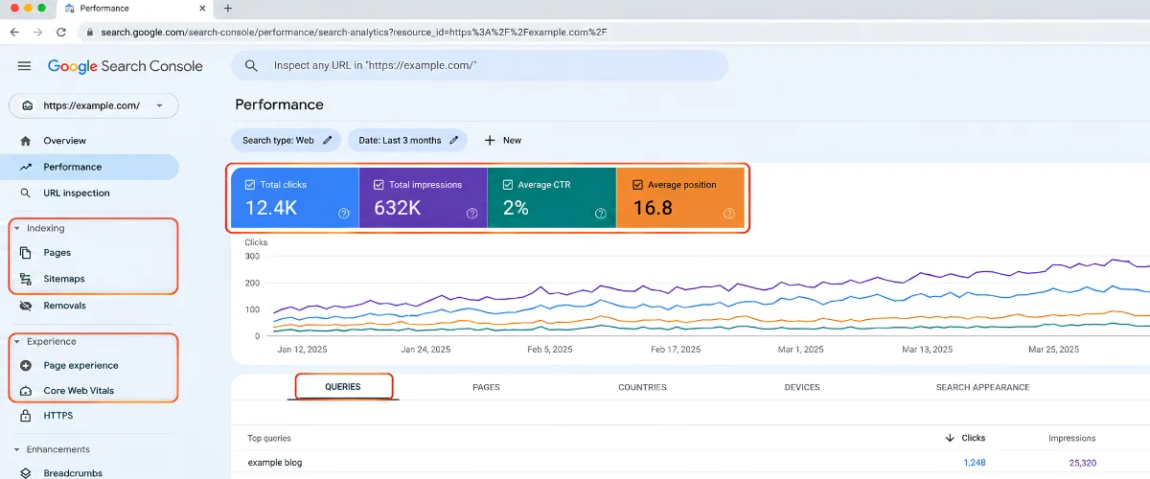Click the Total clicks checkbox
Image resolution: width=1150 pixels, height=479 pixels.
(x=250, y=185)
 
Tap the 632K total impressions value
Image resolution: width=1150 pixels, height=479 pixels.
(x=398, y=208)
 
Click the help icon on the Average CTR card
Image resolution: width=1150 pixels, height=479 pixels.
(x=600, y=214)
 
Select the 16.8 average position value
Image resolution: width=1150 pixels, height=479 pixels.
(x=653, y=208)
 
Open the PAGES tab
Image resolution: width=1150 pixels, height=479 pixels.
(x=486, y=387)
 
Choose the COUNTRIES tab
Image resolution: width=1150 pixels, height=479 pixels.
(x=642, y=387)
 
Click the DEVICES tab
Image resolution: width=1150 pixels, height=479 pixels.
(x=802, y=387)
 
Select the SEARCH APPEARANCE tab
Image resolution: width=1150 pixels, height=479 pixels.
(x=982, y=387)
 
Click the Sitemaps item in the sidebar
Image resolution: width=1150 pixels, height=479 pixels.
(x=63, y=279)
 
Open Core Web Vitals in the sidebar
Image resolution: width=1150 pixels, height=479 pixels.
(x=79, y=391)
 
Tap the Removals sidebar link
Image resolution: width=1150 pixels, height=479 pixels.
(x=64, y=306)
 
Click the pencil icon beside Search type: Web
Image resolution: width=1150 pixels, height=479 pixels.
(x=328, y=140)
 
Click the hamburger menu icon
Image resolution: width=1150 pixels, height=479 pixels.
(x=24, y=66)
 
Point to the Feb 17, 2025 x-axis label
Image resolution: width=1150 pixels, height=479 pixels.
(x=676, y=349)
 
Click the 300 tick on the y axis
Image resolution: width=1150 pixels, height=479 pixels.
(x=252, y=256)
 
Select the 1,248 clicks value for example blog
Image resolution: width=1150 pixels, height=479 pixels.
(x=975, y=463)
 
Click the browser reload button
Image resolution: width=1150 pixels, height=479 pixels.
(x=61, y=33)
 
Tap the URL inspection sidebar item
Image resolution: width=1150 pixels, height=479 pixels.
(x=77, y=194)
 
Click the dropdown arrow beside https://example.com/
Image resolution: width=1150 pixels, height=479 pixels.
(x=160, y=105)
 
